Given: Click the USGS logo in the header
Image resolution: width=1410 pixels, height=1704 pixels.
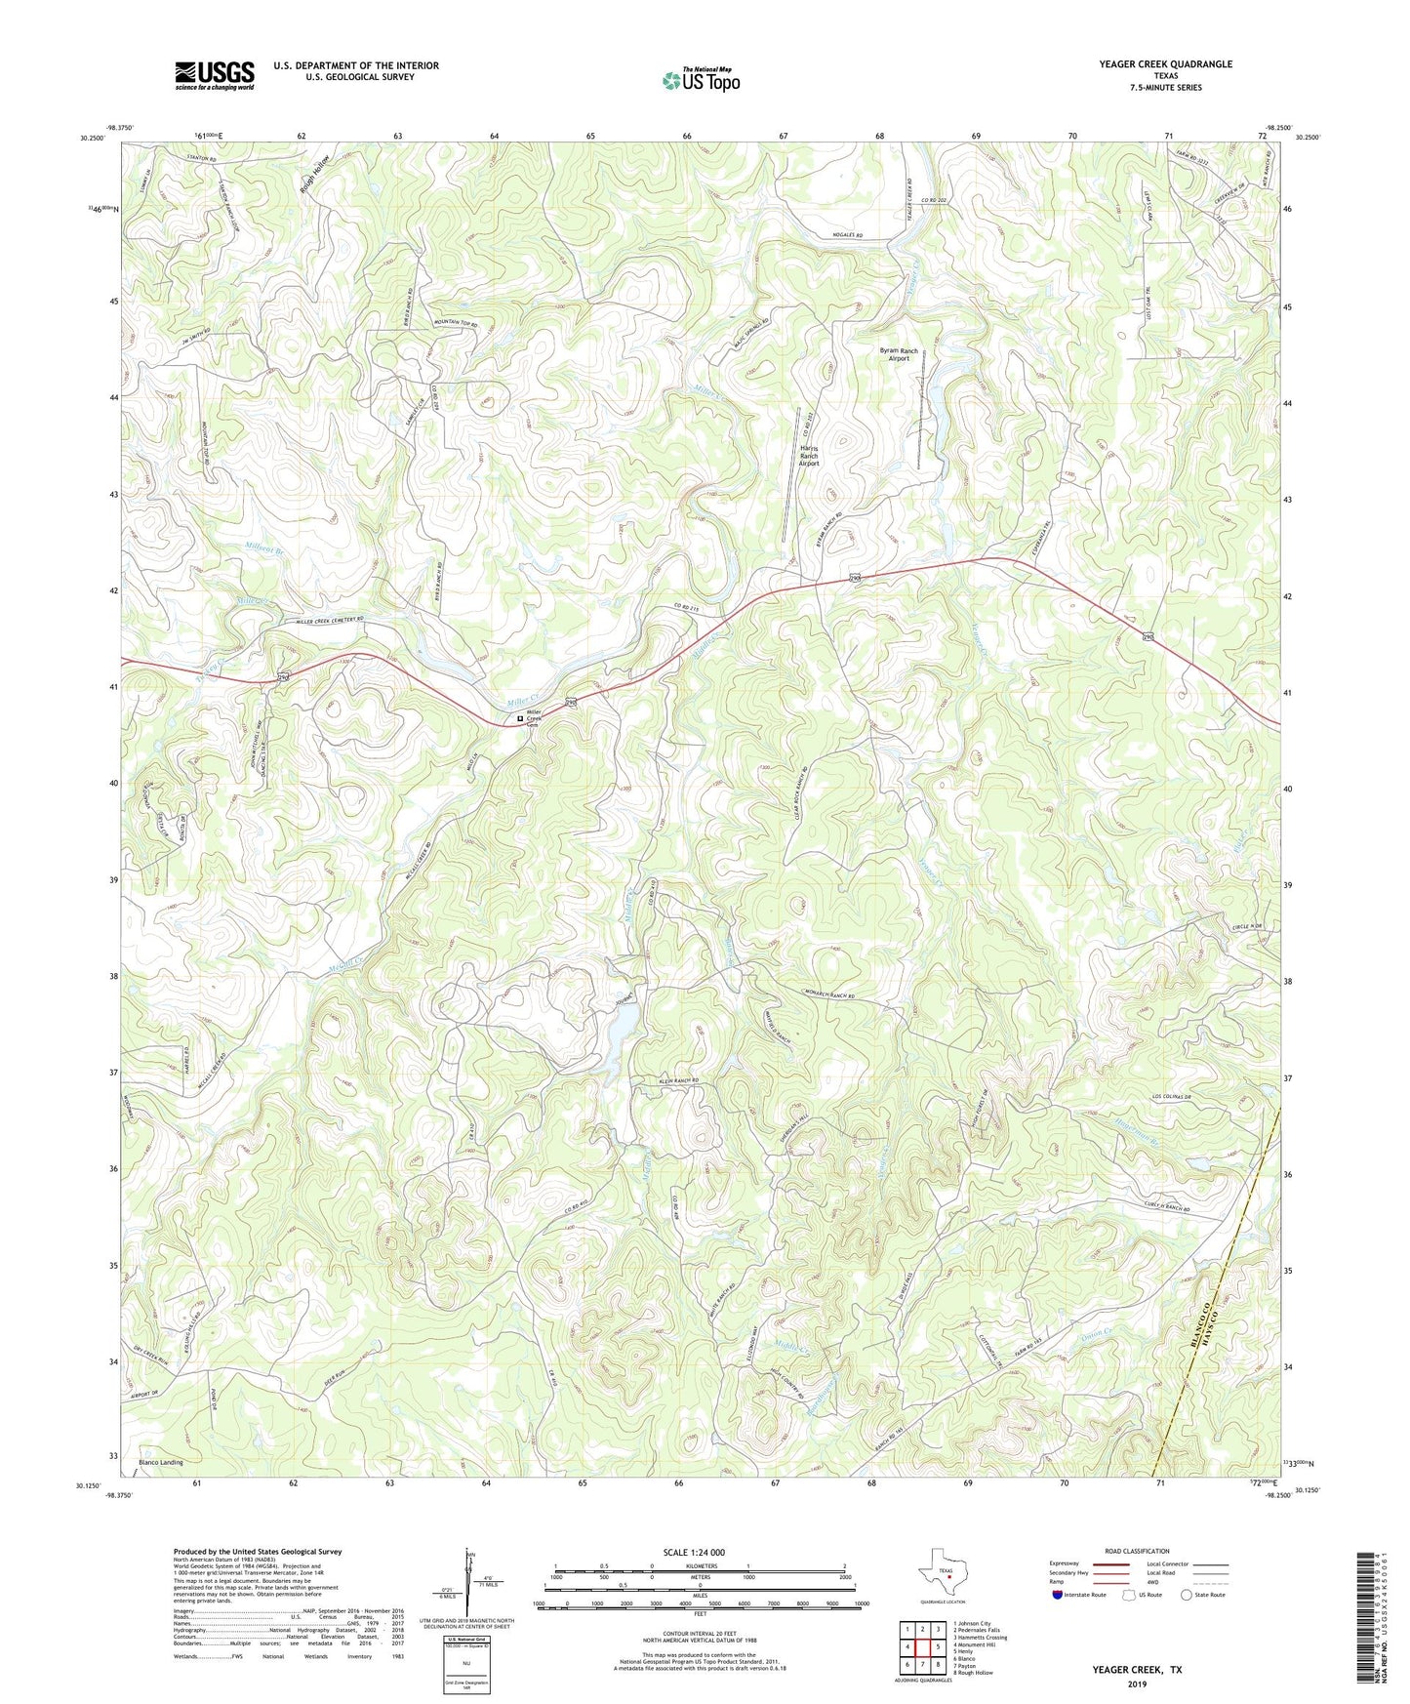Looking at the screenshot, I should pyautogui.click(x=215, y=75).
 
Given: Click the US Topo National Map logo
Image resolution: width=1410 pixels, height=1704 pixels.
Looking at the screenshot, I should pyautogui.click(x=700, y=79).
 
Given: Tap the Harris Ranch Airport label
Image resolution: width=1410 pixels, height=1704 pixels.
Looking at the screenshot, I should pyautogui.click(x=809, y=456).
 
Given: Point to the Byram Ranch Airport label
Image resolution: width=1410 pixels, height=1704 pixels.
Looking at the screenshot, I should pyautogui.click(x=898, y=354).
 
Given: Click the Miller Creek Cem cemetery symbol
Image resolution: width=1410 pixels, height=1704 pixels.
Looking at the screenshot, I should pyautogui.click(x=519, y=719).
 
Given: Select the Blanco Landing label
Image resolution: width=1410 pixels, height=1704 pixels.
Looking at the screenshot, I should pyautogui.click(x=160, y=1463).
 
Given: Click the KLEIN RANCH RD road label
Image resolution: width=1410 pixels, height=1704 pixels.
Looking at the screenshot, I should pyautogui.click(x=672, y=1081).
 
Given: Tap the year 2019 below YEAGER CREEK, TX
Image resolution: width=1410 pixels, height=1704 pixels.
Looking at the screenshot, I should pyautogui.click(x=1137, y=1684).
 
